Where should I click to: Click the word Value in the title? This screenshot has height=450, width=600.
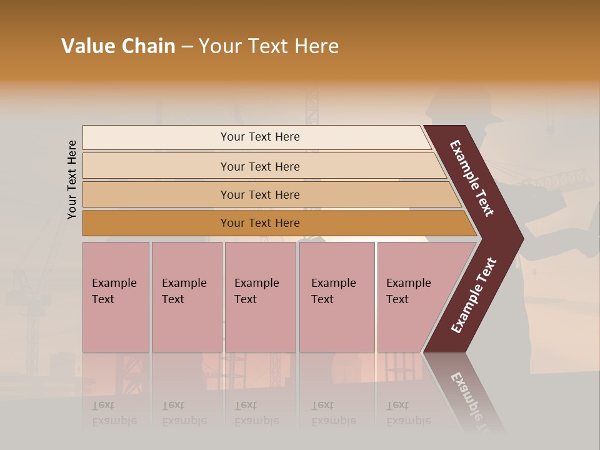coord(87,46)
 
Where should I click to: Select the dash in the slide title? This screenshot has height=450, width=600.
coord(187,47)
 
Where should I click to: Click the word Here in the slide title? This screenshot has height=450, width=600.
coord(316,46)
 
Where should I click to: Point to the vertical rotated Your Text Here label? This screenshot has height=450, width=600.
coord(72,179)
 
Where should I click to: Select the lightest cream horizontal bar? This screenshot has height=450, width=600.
coord(259,137)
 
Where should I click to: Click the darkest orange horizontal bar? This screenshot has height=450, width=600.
coord(259,223)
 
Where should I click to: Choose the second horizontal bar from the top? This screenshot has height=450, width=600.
coord(259,166)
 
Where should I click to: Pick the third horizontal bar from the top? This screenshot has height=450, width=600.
coord(259,194)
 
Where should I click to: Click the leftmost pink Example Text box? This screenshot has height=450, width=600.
coord(116,297)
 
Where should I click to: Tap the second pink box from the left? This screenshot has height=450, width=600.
coord(186,297)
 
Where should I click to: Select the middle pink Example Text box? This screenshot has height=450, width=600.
coord(260,297)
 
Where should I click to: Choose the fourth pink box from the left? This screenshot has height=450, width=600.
coord(337,297)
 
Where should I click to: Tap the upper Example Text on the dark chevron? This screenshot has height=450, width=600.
coord(472,178)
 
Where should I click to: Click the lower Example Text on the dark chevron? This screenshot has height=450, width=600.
coord(474,296)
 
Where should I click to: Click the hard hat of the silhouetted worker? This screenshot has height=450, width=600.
coord(466,103)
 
